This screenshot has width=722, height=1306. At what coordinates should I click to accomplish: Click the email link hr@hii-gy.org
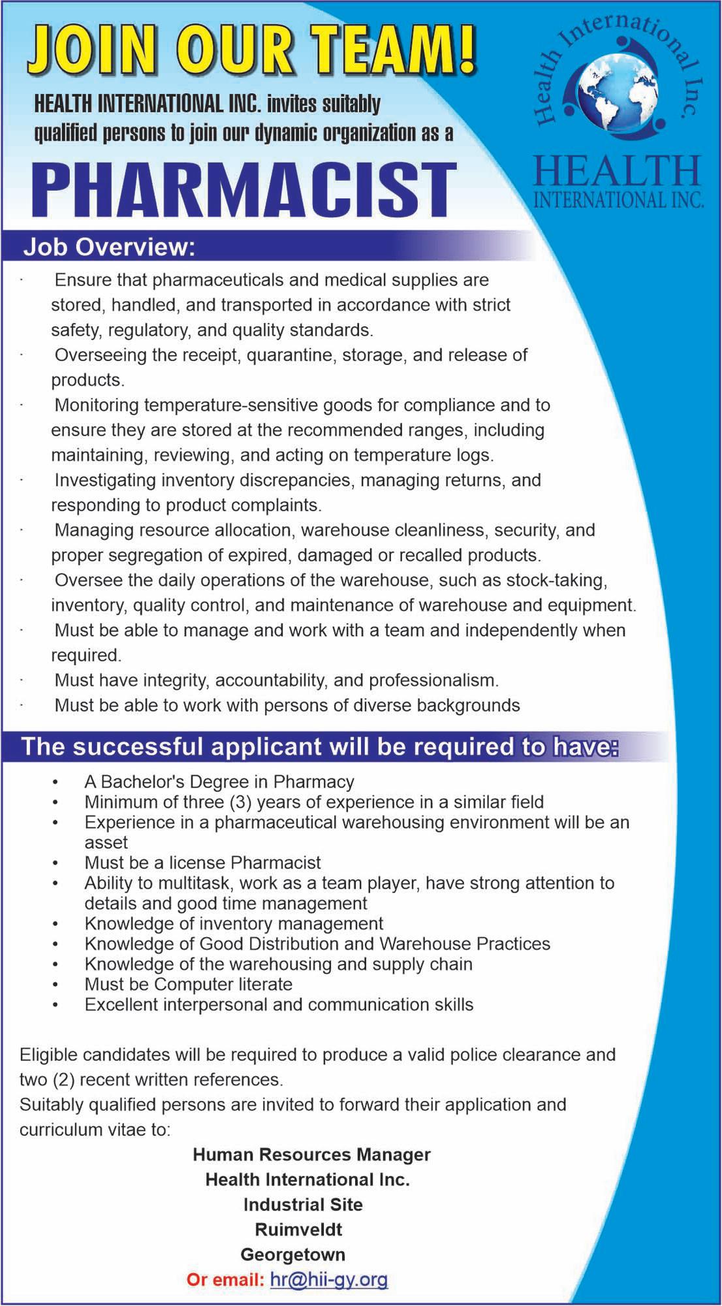(328, 1279)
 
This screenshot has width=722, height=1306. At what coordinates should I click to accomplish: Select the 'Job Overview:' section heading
(109, 248)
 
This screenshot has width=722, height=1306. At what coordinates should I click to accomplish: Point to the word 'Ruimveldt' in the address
(298, 1230)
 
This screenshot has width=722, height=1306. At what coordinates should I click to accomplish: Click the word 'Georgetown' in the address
(293, 1254)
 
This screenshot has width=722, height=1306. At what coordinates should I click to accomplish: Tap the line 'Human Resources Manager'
(311, 1155)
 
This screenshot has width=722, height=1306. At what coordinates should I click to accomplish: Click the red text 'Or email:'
(225, 1279)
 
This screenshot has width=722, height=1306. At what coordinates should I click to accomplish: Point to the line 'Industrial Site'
(303, 1204)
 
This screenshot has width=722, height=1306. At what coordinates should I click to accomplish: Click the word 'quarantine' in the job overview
(289, 355)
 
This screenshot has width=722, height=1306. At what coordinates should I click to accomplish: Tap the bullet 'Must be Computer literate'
(188, 984)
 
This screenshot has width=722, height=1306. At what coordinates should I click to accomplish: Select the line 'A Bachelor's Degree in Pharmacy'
(219, 782)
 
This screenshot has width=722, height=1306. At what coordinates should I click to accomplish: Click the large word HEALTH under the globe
(616, 171)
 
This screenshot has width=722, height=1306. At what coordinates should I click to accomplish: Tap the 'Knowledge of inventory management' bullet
(234, 923)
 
